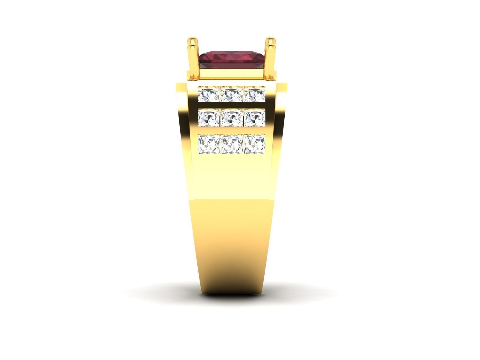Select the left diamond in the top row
(209, 94)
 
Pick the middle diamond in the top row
(231, 94)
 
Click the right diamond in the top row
(254, 94)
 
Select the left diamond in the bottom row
(209, 144)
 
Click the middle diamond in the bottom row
(231, 144)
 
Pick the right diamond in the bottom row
(254, 144)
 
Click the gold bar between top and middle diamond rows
(231, 106)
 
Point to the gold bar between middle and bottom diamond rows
(231, 131)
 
